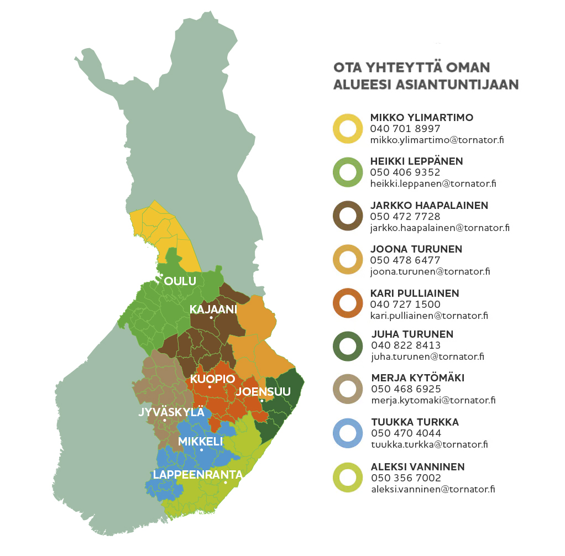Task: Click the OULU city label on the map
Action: (x=180, y=281)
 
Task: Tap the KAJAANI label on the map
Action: (x=213, y=309)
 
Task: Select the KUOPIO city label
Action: (x=213, y=379)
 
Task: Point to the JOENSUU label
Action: (x=263, y=392)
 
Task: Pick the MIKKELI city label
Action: (x=200, y=442)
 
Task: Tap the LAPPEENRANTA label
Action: (x=198, y=475)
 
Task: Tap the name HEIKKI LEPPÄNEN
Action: (x=416, y=161)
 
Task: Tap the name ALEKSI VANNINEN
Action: (x=417, y=467)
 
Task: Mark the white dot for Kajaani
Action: (x=211, y=318)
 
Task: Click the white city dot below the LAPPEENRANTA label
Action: (x=226, y=483)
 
